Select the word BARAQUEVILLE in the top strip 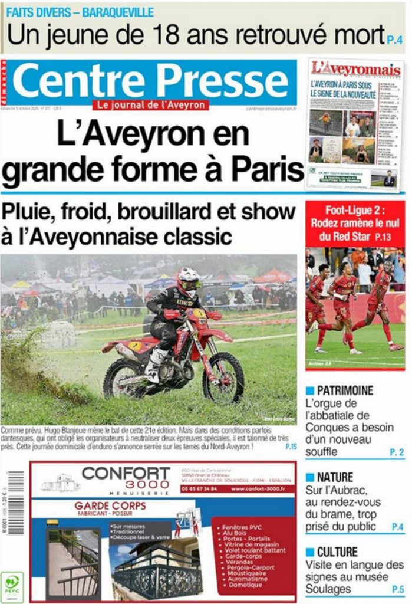(x=118, y=12)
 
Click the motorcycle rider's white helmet (x=189, y=282)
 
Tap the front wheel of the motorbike (x=224, y=378)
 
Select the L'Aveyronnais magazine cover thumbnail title (x=356, y=70)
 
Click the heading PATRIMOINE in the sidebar (x=345, y=390)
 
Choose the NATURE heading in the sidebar (x=335, y=477)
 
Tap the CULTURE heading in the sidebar (x=337, y=552)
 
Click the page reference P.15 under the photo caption (x=291, y=447)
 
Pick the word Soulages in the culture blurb (x=328, y=589)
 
